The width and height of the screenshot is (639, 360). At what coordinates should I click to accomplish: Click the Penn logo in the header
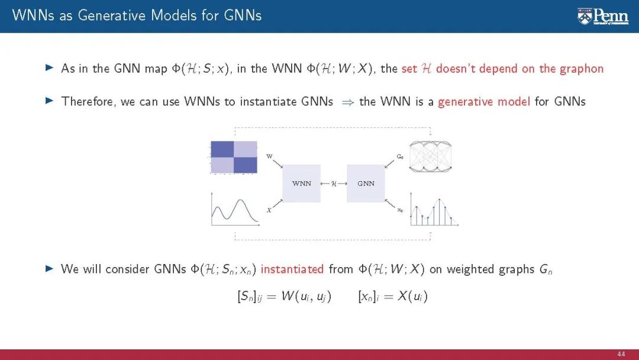[603, 16]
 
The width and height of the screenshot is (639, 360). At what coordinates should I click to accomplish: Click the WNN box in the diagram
[302, 184]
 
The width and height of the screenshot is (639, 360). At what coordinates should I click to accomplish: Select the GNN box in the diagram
[366, 184]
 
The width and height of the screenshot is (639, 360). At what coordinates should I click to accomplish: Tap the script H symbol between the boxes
[334, 184]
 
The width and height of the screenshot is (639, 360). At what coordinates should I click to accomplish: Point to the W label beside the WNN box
[269, 156]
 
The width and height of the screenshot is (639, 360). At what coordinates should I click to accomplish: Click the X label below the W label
[269, 210]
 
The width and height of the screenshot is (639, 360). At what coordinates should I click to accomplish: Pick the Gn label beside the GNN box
[400, 157]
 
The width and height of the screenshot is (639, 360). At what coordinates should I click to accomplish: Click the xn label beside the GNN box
[401, 210]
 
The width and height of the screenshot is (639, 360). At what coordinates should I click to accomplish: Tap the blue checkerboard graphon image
[234, 157]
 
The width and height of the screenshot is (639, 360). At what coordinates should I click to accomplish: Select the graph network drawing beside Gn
[430, 156]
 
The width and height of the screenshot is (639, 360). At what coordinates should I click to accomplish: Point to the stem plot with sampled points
[435, 211]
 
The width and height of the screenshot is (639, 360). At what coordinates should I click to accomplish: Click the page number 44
[621, 353]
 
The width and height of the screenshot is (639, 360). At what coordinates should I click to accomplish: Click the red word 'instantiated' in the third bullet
[292, 269]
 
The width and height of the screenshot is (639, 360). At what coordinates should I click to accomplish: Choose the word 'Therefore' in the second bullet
[88, 101]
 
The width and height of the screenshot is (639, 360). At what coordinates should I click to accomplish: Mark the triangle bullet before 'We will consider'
[50, 269]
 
